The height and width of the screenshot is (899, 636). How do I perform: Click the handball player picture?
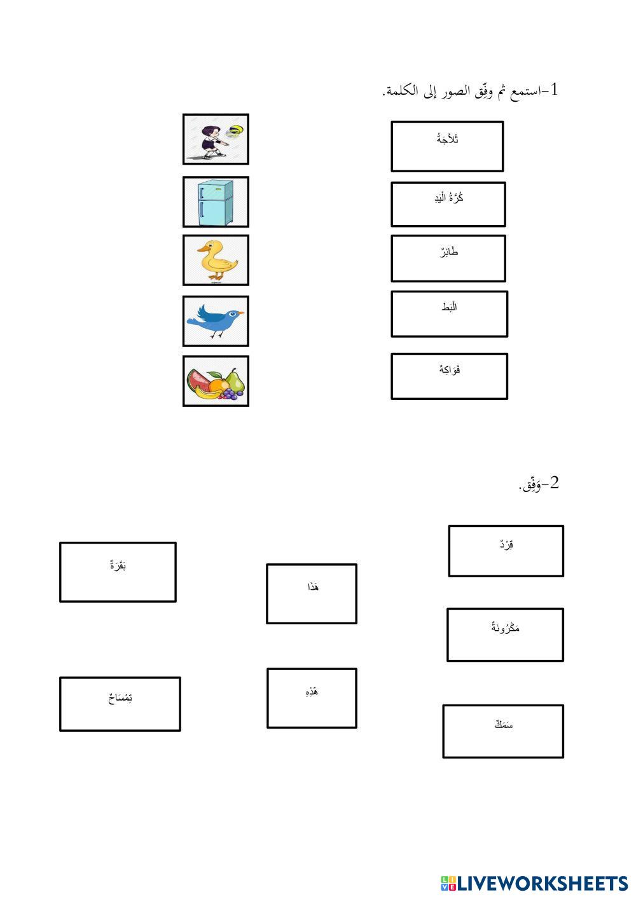tap(216, 139)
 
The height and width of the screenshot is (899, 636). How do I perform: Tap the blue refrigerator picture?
tap(216, 202)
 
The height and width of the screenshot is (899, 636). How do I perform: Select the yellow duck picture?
tap(216, 260)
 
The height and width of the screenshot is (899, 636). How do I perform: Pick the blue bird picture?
tap(216, 320)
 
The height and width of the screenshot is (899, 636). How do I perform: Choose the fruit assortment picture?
tap(216, 381)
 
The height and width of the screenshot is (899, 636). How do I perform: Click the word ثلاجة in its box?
tap(448, 139)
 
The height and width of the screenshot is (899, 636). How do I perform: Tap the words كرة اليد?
tap(448, 198)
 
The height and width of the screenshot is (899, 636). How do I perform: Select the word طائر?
tap(448, 252)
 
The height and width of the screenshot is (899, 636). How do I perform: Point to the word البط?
tap(449, 308)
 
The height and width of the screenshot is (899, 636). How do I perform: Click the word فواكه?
tap(450, 369)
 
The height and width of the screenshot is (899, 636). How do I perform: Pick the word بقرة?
tap(118, 564)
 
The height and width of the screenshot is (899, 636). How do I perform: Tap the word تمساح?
tap(120, 698)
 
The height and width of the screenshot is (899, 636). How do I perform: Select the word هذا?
tap(312, 587)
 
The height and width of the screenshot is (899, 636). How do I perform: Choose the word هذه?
tap(312, 691)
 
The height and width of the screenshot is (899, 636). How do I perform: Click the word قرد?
tap(506, 545)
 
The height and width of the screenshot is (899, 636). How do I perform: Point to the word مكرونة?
tap(506, 628)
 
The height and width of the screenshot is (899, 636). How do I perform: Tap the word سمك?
tap(504, 724)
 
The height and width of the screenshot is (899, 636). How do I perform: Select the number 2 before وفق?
tap(553, 483)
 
